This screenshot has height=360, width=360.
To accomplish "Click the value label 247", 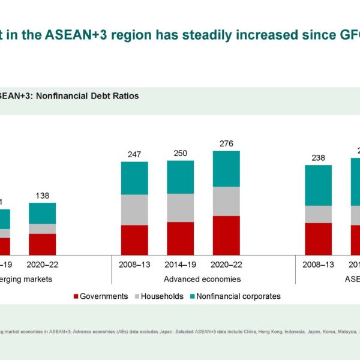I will [x=134, y=155].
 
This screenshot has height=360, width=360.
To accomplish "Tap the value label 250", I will [x=180, y=154].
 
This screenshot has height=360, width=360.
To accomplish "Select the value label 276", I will [x=226, y=143].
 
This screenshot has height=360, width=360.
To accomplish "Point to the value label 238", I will [x=318, y=158].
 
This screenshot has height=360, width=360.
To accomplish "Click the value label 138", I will [x=43, y=196].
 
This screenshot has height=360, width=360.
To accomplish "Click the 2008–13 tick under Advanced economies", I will [x=134, y=263].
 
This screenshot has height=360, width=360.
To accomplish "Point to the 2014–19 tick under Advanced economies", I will [x=180, y=263].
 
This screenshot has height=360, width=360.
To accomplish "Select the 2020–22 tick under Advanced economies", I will [x=226, y=263].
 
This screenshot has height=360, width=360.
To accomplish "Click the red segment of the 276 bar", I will [x=226, y=235].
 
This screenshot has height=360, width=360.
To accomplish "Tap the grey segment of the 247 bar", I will [x=134, y=209].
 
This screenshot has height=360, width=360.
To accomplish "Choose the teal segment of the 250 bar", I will [x=180, y=177].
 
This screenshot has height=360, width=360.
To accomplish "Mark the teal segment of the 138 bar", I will [x=43, y=213].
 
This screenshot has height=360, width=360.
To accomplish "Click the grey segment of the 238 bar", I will [x=318, y=214].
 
